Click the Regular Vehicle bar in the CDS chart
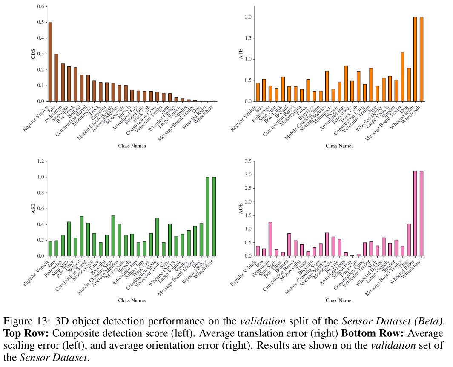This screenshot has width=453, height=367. tap(50, 62)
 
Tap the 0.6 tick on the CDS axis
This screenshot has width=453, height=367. tap(41, 7)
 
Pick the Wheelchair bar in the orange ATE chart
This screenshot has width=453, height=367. tap(421, 59)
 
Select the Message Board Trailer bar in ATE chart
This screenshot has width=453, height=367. tap(403, 77)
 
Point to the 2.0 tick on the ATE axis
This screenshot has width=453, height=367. tap(249, 17)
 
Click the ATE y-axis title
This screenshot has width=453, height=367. tap(241, 54)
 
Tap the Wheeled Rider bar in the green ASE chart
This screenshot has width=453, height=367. tap(208, 216)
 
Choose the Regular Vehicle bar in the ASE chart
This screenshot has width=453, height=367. tap(50, 249)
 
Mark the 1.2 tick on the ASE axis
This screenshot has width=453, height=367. tap(41, 161)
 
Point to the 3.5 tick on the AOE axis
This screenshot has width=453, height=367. tap(249, 161)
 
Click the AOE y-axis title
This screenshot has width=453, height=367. tap(241, 209)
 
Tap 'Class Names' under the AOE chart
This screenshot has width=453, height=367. tap(339, 300)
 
